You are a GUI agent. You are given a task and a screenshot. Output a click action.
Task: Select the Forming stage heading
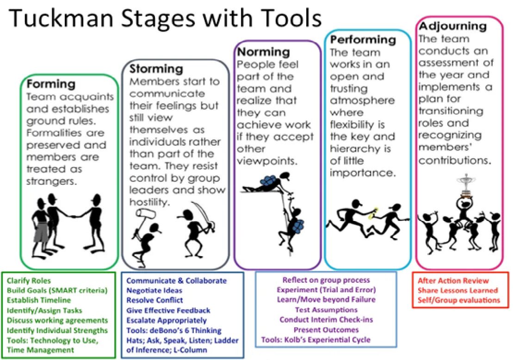(x=51, y=84)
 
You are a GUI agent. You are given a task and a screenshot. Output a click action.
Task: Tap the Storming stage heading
(x=156, y=69)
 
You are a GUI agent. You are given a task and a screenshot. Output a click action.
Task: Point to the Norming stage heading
(x=263, y=52)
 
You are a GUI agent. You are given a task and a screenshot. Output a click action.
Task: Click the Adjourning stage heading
(x=452, y=26)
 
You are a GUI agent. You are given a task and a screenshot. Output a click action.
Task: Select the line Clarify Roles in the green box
(x=29, y=281)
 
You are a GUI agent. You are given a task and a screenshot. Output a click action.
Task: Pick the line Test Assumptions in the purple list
(x=326, y=310)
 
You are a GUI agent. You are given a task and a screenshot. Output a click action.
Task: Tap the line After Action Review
(x=453, y=281)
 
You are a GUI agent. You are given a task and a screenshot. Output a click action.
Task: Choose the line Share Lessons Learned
(x=457, y=291)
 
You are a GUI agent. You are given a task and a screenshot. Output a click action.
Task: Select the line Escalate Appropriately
(x=167, y=320)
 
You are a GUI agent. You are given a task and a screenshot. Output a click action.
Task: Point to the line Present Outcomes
(x=326, y=330)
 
